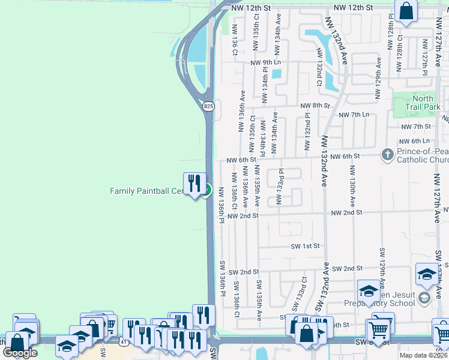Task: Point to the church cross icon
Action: coord(387,155)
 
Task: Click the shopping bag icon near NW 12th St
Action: coord(406,11)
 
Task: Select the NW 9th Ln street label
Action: coord(265,63)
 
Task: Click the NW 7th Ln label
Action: coord(354,115)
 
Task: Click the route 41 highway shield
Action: coord(121,342)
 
